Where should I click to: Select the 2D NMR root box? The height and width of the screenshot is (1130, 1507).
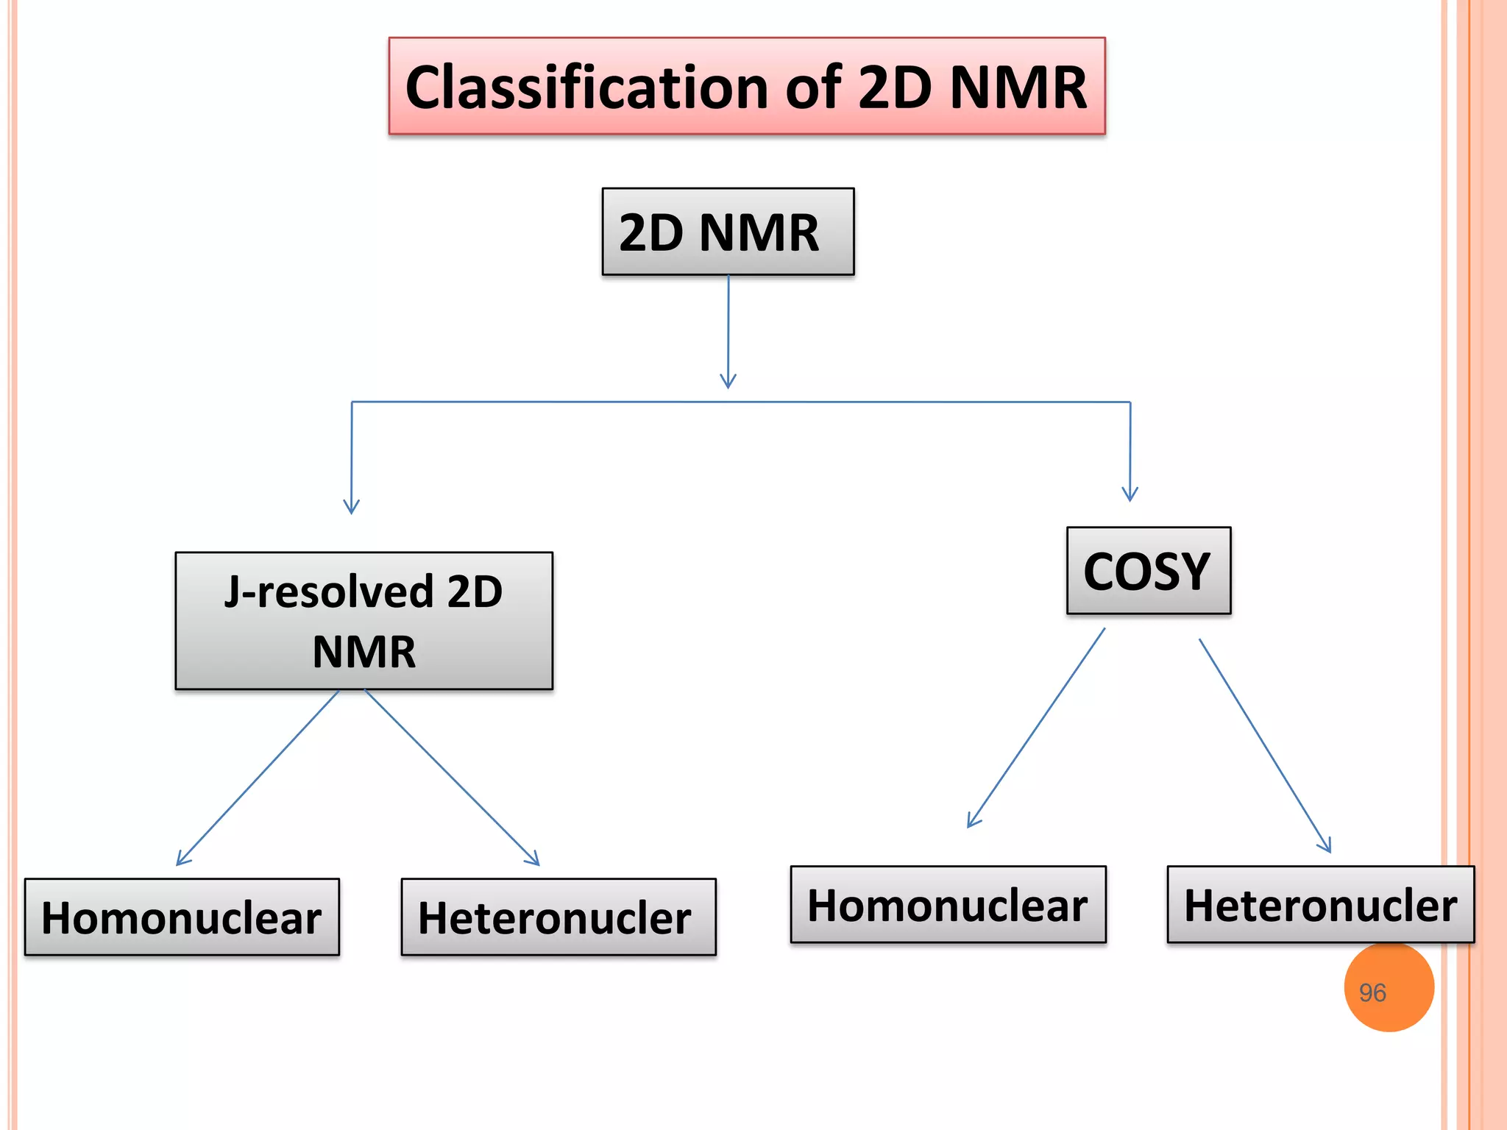coord(728,232)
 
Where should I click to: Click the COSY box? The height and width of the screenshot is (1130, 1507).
coord(1148,571)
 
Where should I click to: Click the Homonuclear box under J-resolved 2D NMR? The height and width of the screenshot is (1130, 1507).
coord(182,917)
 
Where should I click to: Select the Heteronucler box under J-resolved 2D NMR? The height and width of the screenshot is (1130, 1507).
coord(558,917)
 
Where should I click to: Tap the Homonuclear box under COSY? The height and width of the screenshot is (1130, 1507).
coord(948,905)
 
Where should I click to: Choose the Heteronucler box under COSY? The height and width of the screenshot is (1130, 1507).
coord(1320,905)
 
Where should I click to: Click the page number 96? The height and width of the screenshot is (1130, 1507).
coord(1372,993)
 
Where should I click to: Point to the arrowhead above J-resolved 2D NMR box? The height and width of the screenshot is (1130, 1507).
coord(351,507)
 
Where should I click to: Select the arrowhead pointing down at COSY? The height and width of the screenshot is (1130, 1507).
coord(1130,494)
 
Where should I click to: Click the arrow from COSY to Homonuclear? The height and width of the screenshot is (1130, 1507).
coord(1036,728)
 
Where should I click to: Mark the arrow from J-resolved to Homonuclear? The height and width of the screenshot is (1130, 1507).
coord(258,778)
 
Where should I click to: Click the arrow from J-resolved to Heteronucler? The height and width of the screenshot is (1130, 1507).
coord(452,777)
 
